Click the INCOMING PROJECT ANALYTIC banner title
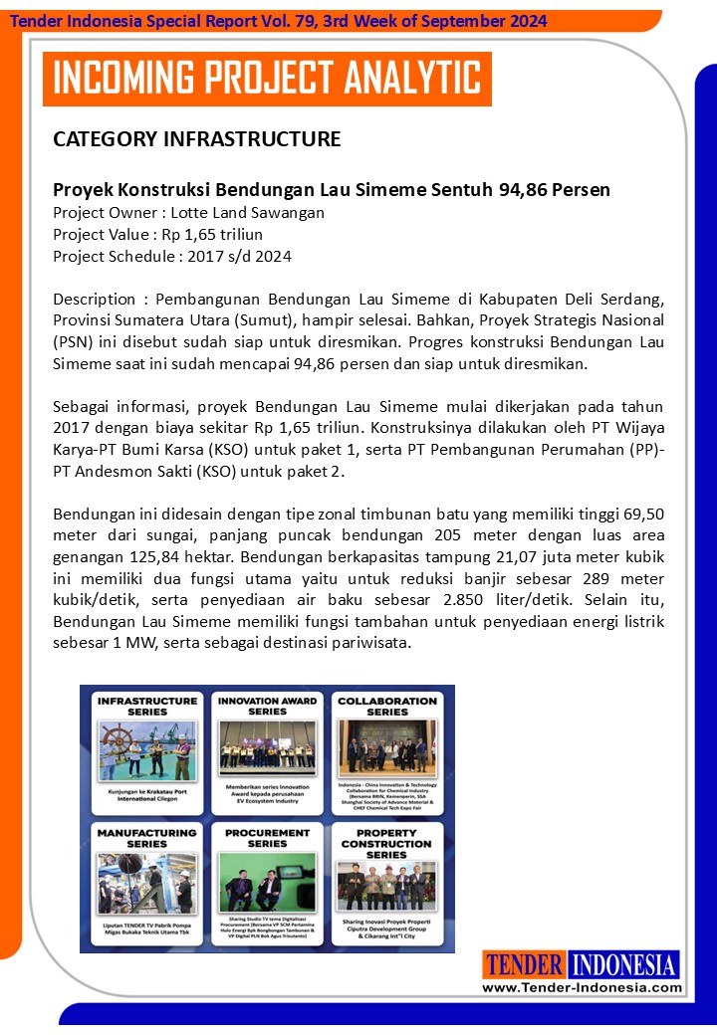(267, 79)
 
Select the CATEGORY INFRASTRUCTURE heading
(196, 139)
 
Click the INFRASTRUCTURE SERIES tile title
(145, 706)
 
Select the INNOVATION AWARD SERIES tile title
(267, 706)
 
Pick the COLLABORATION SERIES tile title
(386, 706)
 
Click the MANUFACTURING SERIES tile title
(145, 838)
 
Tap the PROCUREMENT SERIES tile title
(267, 838)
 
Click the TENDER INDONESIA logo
(582, 964)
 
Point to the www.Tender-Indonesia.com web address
(583, 987)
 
